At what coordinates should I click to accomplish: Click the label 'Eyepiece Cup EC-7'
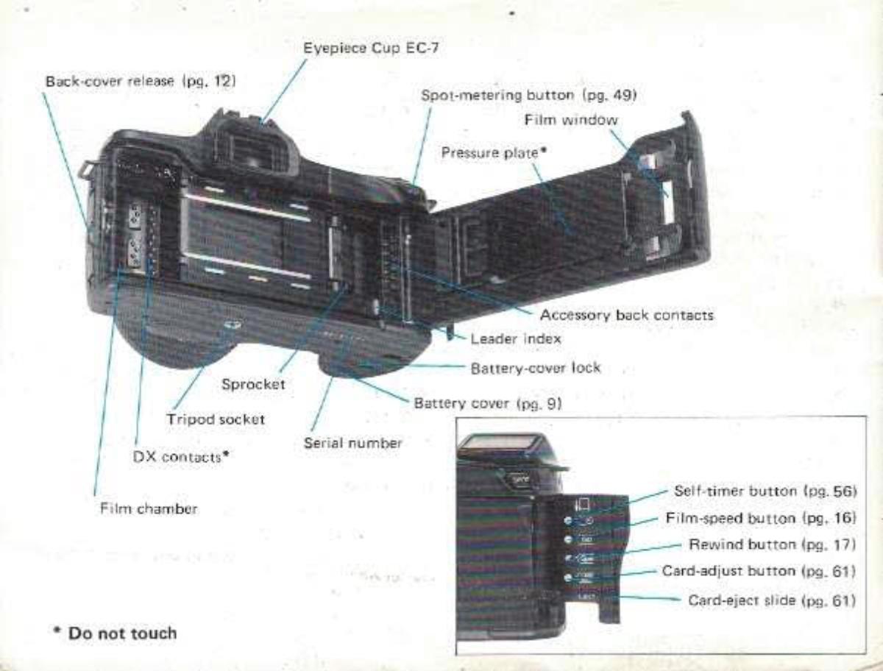372,48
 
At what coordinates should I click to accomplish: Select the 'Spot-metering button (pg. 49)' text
528,95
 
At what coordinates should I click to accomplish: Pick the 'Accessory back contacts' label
626,315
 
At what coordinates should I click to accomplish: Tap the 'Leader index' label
515,339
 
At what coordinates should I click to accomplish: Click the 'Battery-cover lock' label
535,367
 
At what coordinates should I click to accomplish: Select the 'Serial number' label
352,443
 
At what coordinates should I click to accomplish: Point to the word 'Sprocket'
253,384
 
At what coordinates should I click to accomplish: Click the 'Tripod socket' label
215,419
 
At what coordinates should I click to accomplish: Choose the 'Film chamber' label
149,508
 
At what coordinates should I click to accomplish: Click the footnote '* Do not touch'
116,633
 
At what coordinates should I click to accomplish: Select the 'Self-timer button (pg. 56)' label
766,491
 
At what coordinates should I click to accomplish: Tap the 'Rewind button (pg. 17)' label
772,544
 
